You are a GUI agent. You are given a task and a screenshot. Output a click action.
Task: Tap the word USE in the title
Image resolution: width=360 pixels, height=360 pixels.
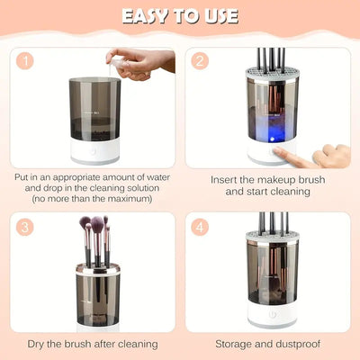[x=220, y=16]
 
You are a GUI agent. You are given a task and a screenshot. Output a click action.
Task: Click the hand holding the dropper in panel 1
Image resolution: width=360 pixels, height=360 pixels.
[x=144, y=63]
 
